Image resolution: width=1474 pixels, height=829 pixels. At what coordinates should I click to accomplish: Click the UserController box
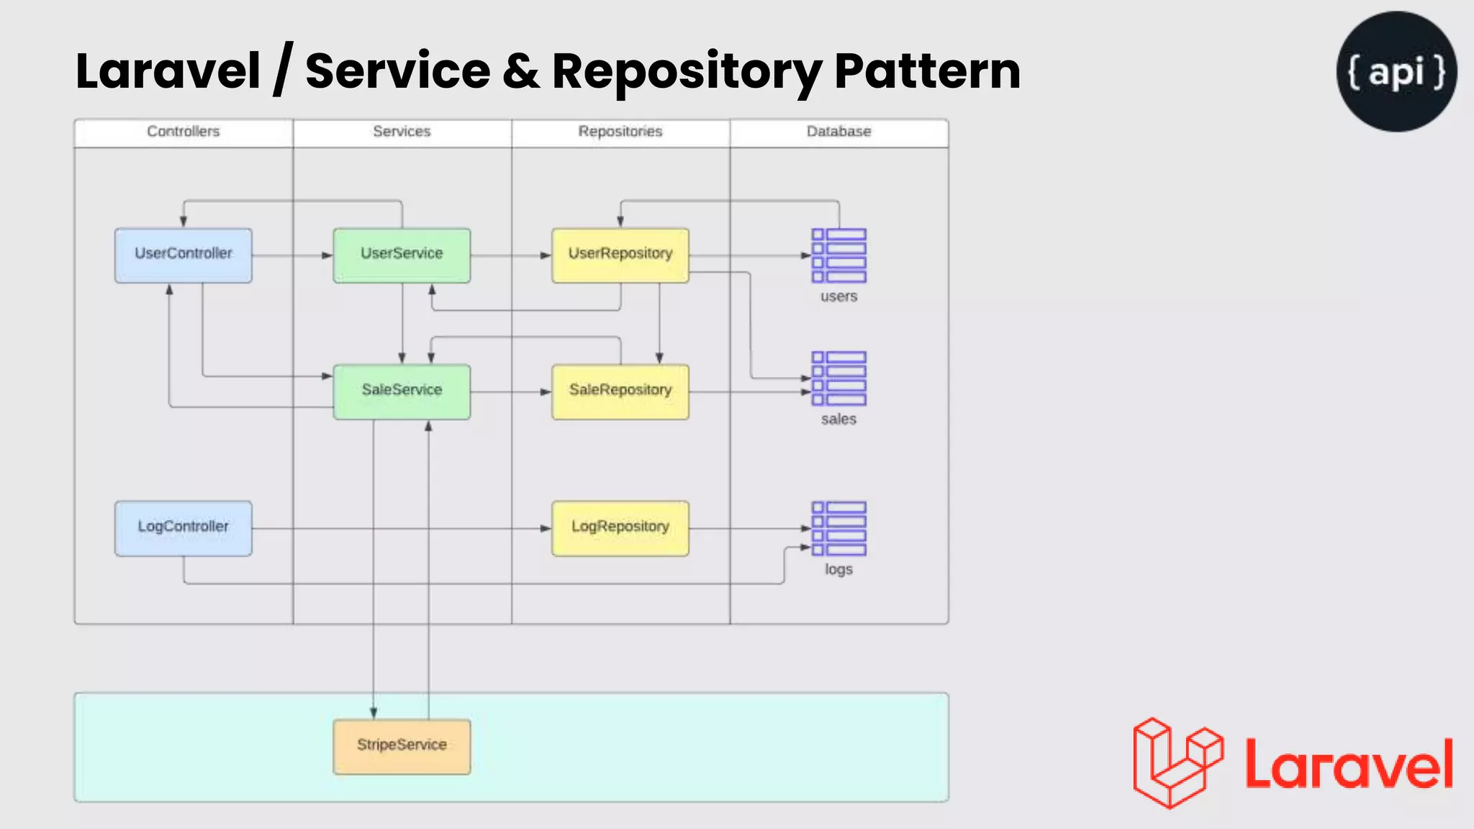183,255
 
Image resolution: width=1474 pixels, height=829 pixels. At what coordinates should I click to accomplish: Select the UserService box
402,255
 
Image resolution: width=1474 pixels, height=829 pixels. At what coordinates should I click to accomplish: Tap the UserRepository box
620,255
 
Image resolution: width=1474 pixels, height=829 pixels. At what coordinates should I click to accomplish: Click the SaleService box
402,391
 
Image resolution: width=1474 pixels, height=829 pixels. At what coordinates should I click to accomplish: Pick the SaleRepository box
620,391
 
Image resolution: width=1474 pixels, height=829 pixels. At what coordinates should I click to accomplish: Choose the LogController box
183,528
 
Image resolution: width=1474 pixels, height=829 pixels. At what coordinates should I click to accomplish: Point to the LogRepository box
620,528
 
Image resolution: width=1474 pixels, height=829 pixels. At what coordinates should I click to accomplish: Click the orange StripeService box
402,746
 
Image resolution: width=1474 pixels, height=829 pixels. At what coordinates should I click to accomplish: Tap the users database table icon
838,255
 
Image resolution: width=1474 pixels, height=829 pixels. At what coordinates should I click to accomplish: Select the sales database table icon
838,379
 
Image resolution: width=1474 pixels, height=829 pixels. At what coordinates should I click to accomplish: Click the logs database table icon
838,529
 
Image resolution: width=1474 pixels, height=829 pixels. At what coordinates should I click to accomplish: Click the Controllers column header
183,132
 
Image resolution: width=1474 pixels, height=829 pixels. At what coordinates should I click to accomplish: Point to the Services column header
402,132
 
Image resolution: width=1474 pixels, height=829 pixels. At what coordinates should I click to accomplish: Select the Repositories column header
620,132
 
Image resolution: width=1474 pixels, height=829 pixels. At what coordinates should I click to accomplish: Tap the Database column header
838,132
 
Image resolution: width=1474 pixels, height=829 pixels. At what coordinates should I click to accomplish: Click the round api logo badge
1396,71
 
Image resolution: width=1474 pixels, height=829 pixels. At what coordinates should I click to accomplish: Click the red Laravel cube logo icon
1177,763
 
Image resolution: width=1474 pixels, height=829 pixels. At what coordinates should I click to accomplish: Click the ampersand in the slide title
521,71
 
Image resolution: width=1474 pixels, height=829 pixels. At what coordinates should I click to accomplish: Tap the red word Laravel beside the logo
1349,764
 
